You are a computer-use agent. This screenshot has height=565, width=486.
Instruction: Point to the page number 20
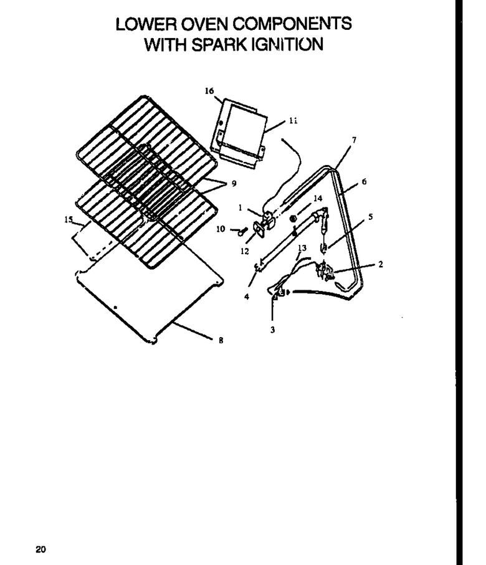tap(40, 549)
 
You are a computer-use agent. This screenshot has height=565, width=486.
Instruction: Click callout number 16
tap(209, 91)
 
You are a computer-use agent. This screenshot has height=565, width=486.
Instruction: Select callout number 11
tap(293, 121)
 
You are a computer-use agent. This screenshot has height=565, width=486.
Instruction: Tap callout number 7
tap(355, 140)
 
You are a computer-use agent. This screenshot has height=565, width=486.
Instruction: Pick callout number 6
tap(364, 182)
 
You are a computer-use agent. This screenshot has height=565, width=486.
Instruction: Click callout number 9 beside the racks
tap(234, 184)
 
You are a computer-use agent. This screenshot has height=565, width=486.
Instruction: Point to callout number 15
tap(69, 219)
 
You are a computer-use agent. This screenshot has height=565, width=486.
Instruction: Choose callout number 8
tap(221, 339)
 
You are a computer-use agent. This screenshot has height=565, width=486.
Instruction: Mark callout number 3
tap(272, 330)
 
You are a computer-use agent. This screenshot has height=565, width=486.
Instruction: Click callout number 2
tap(381, 264)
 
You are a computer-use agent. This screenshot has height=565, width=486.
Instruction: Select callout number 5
tap(371, 217)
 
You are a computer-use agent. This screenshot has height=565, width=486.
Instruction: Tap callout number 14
tap(318, 198)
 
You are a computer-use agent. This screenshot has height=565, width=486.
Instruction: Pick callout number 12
tap(245, 251)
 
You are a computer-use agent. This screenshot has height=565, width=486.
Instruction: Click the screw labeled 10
tap(242, 231)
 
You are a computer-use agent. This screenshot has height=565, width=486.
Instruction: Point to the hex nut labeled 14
tap(293, 219)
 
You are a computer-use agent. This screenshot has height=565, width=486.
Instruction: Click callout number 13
tap(302, 248)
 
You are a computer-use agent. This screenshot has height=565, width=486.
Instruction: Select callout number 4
tap(247, 297)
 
